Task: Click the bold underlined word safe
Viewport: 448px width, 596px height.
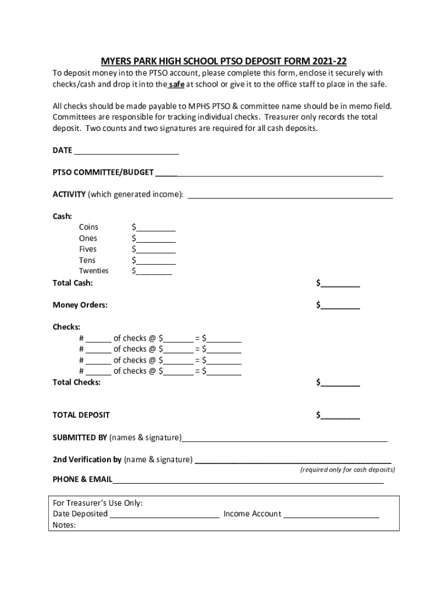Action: tap(176, 84)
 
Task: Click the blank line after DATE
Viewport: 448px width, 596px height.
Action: tap(126, 151)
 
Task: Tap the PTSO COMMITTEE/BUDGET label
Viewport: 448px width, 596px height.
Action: tap(103, 172)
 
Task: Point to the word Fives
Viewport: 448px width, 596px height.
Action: tap(88, 249)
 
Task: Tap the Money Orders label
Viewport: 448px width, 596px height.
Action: tap(80, 305)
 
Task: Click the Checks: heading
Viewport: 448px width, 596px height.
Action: tap(66, 327)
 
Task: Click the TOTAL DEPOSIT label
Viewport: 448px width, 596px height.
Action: tap(81, 416)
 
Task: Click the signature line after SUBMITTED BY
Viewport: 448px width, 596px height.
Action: tap(285, 438)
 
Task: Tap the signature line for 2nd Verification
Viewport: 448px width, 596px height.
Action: tap(293, 460)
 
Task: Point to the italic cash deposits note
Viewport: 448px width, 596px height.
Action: tap(347, 470)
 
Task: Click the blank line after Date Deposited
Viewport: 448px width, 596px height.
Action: tap(165, 515)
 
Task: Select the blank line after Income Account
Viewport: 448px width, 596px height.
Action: tap(331, 515)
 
